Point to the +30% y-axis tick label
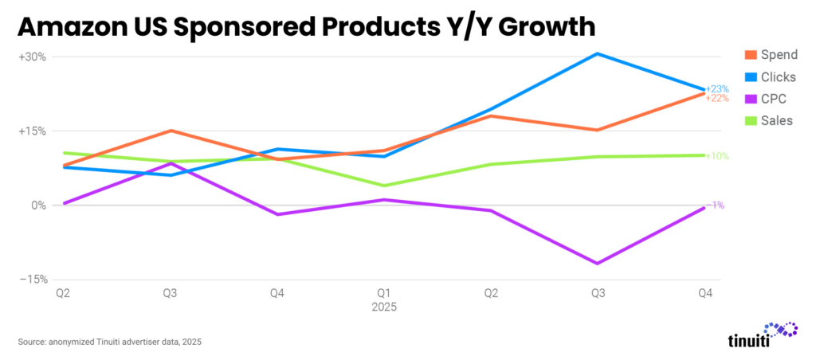coord(32,57)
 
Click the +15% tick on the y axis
coord(32,131)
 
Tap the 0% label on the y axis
coord(38,205)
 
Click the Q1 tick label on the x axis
coord(384,294)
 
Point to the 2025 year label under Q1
coord(384,307)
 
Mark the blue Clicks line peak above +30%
coord(598,53)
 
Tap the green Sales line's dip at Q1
coord(384,186)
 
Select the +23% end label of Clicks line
coord(718,88)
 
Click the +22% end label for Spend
coord(718,98)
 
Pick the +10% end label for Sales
coord(718,156)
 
